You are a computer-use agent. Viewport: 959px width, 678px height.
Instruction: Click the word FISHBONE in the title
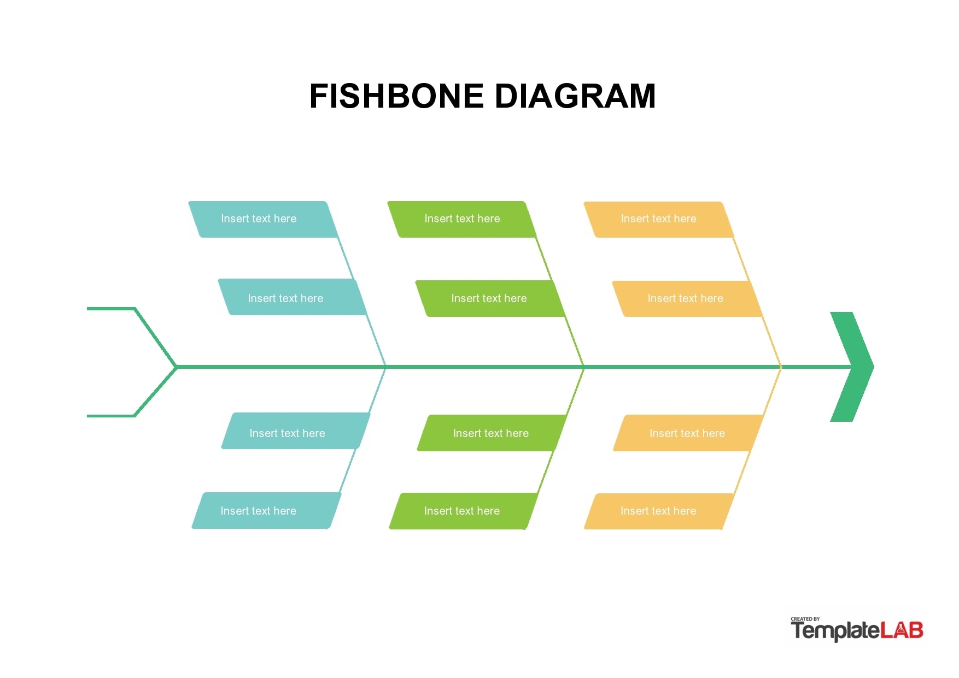[x=397, y=96]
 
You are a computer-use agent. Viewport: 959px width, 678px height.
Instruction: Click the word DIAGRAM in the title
[x=575, y=96]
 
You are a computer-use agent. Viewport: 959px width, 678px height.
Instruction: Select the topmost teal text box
[x=263, y=219]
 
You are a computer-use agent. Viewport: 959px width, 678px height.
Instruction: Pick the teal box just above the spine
[x=293, y=297]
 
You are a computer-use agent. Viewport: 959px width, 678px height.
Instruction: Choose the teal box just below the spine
[x=296, y=431]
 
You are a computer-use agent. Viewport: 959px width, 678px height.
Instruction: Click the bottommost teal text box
[x=266, y=510]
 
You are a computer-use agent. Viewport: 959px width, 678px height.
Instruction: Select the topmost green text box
[x=462, y=219]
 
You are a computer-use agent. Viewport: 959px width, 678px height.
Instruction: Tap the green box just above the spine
[x=490, y=298]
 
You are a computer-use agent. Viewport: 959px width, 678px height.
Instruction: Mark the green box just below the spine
[x=492, y=433]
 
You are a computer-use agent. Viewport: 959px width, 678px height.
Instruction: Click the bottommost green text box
[x=464, y=511]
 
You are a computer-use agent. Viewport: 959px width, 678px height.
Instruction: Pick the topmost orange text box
[x=659, y=220]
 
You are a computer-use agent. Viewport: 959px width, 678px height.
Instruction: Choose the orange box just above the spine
[x=687, y=299]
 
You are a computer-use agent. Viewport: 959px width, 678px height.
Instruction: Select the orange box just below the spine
[x=688, y=433]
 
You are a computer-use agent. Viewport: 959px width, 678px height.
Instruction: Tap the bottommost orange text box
[x=659, y=511]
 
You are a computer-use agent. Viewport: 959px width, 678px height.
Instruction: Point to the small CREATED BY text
[x=805, y=619]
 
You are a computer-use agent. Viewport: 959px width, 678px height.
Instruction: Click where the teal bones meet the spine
[x=386, y=367]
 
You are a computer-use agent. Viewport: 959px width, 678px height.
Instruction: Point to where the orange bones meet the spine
[x=781, y=367]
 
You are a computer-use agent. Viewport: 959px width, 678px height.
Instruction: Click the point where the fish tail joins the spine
[x=177, y=367]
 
